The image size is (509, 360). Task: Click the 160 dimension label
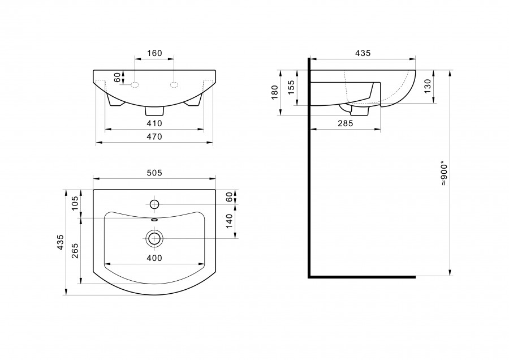(154, 53)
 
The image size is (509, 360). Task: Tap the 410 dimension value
(154, 123)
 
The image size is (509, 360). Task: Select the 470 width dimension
(154, 137)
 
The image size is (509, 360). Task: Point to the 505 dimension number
(154, 173)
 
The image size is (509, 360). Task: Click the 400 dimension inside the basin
(154, 258)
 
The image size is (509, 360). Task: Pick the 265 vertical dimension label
(75, 251)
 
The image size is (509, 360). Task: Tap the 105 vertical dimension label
(75, 203)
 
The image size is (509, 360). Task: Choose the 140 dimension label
(229, 221)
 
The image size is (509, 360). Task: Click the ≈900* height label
(444, 173)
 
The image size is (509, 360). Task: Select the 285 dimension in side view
(345, 123)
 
